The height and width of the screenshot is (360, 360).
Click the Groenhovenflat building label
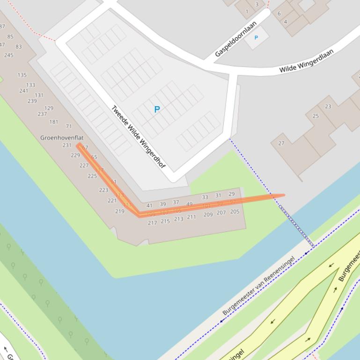(62, 137)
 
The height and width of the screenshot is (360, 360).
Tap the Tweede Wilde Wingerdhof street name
(138, 137)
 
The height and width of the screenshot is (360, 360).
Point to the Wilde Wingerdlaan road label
(306, 61)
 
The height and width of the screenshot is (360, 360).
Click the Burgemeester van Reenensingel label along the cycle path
(258, 285)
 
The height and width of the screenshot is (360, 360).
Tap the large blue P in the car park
(157, 109)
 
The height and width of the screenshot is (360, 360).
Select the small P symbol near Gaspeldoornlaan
(256, 37)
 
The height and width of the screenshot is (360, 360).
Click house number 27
(281, 143)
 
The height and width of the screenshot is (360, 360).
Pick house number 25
(316, 116)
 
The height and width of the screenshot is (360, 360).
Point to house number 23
(328, 106)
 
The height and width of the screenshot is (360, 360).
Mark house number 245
(8, 55)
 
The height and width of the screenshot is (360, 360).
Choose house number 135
(22, 75)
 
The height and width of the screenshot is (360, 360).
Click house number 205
(235, 212)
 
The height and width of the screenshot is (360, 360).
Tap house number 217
(152, 223)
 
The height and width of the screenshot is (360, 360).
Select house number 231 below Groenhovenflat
(67, 145)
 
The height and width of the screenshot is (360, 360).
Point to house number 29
(231, 194)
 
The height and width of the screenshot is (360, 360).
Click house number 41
(149, 205)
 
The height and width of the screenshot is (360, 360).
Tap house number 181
(54, 122)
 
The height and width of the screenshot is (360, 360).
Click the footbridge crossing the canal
(296, 225)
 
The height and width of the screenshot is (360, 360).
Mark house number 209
(208, 215)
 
